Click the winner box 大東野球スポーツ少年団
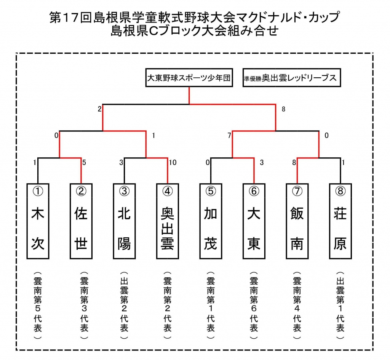point(189,78)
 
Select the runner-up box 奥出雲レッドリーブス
point(291,78)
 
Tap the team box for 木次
point(38,221)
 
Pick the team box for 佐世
point(81,221)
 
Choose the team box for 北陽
point(124,221)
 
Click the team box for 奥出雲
point(168,221)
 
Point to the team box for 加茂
point(211,221)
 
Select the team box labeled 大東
point(254,221)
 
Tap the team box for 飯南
point(297,221)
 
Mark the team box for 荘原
point(340,221)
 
